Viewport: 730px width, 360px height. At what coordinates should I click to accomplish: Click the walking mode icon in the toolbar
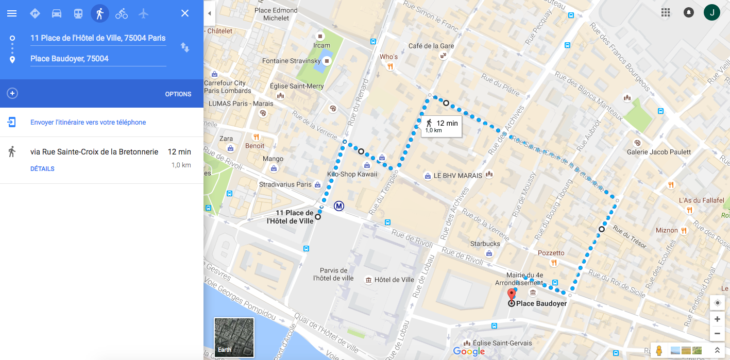coord(100,13)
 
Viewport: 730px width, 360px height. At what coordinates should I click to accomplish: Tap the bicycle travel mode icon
coord(122,13)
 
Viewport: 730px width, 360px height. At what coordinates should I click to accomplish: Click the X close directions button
coord(185,13)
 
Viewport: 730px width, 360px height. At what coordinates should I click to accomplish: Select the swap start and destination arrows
coord(185,48)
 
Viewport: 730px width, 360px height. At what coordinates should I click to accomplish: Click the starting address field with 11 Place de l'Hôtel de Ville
coord(98,38)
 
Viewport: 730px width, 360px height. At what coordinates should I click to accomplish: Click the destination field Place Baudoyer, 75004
coord(98,59)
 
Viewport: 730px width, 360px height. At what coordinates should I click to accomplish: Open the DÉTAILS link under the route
coord(42,169)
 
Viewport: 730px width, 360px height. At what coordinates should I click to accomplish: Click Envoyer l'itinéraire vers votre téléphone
coord(88,123)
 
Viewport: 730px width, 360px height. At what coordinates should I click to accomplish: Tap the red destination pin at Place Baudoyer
coord(511,295)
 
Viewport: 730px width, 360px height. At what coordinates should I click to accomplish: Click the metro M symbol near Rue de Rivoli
coord(339,206)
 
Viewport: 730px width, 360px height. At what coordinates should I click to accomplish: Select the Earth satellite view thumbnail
coord(234,337)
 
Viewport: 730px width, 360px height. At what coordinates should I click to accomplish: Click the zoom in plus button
coord(717,319)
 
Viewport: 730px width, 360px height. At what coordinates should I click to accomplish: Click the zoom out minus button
coord(717,334)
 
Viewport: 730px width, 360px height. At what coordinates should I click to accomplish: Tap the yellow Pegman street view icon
coord(658,351)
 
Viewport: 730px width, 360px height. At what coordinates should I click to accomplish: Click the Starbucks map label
coord(485,244)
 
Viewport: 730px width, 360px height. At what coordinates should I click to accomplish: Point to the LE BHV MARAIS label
coord(457,176)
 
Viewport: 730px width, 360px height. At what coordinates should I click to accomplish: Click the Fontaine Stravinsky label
coord(291,61)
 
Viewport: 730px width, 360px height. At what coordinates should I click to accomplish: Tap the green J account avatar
coord(712,13)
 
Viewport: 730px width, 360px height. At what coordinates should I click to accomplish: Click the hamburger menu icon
coord(12,13)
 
